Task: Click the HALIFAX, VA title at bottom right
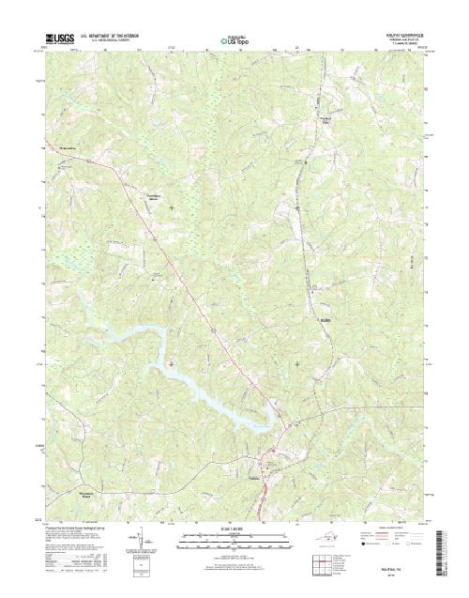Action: [393, 567]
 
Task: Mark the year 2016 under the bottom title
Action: [393, 574]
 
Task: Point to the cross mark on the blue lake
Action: [171, 362]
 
